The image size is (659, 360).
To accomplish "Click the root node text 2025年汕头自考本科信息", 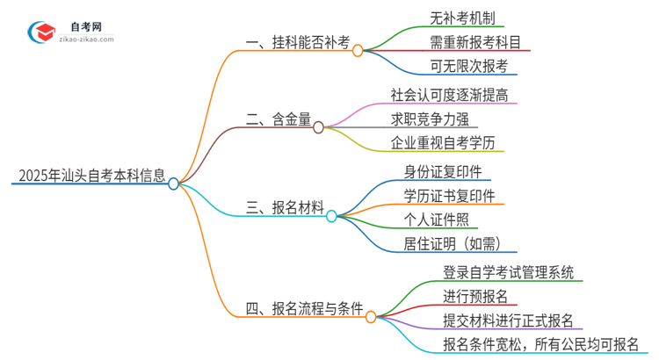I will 89,175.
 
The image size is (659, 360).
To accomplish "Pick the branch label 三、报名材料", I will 285,207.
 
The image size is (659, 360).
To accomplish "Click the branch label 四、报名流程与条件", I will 305,308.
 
